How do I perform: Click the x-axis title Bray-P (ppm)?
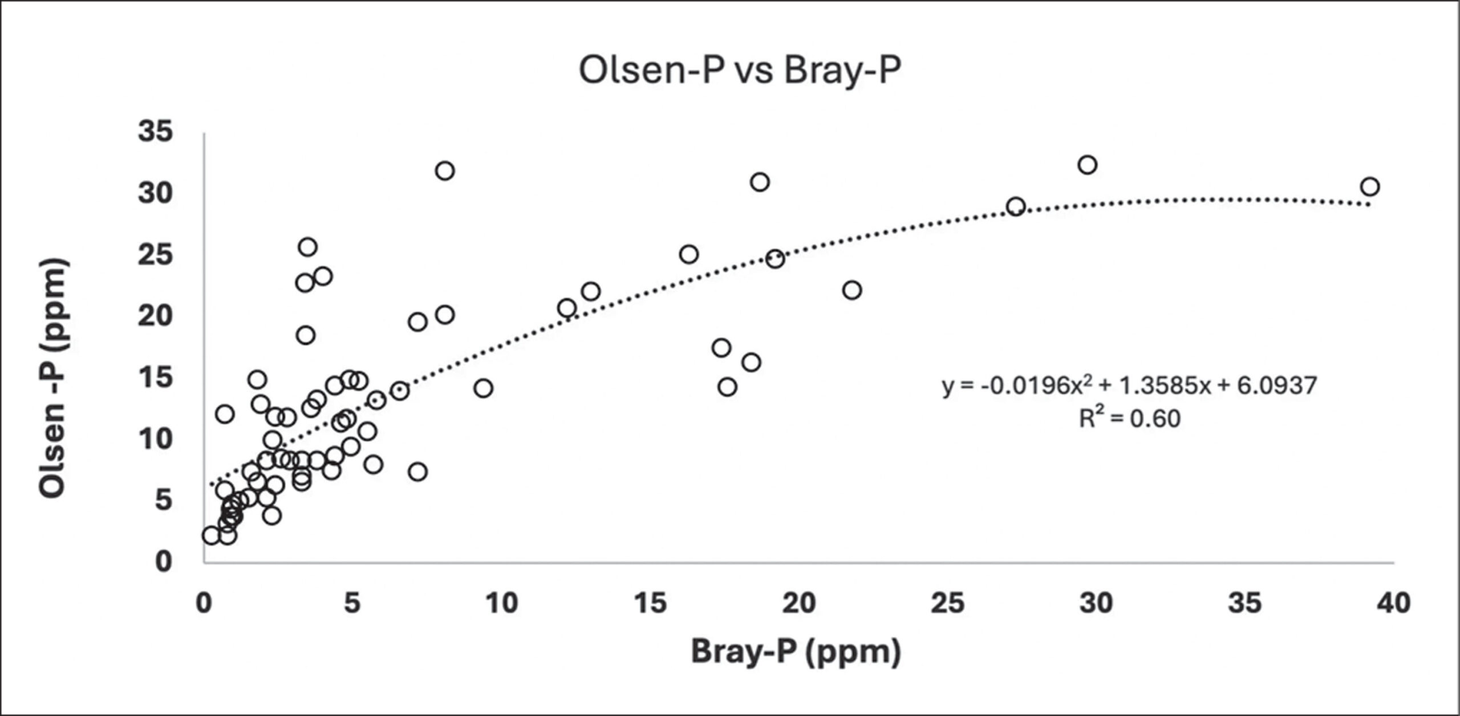click(796, 652)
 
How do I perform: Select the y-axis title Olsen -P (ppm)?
click(54, 379)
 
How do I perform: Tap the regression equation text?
click(1130, 387)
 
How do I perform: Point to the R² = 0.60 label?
click(1129, 419)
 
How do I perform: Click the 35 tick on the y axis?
click(155, 132)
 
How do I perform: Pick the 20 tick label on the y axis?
click(155, 316)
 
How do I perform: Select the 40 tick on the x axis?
click(1393, 603)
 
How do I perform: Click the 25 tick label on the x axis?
click(947, 603)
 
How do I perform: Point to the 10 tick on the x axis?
click(501, 603)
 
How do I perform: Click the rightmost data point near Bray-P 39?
click(1369, 186)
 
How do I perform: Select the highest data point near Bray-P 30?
click(1088, 165)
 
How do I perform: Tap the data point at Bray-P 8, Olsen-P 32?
click(445, 170)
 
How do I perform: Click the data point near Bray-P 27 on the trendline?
click(1016, 206)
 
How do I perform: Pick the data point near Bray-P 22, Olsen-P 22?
click(852, 290)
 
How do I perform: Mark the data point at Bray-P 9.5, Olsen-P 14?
click(483, 388)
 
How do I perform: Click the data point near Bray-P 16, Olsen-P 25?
click(689, 254)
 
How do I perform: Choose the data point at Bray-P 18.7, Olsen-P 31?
click(760, 182)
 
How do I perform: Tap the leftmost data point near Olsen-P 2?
click(211, 535)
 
